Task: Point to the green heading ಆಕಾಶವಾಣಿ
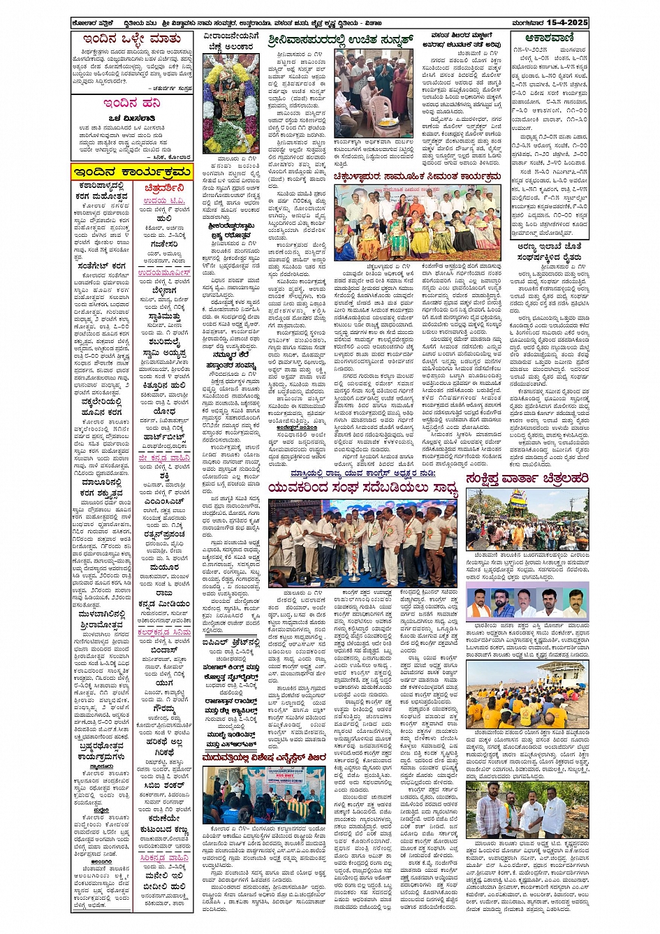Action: pos(548,38)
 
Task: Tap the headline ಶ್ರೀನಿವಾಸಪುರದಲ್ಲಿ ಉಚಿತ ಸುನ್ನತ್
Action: pos(341,38)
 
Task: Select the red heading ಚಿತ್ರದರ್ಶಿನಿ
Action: pos(164,188)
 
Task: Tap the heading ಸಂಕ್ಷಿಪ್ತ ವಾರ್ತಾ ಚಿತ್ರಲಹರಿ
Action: pos(527,478)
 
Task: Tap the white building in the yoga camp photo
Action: pos(562,678)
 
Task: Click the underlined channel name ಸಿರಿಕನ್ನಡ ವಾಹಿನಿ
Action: pos(164,857)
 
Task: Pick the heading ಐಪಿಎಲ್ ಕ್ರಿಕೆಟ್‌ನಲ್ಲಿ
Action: pos(233,642)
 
